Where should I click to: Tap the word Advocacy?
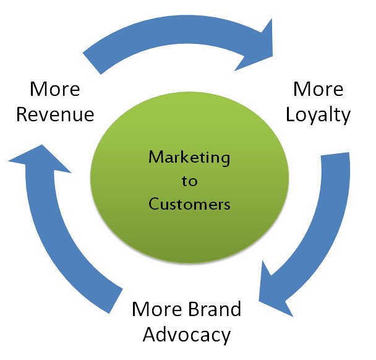click(187, 335)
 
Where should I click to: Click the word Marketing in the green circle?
click(189, 157)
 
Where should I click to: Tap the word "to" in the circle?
click(189, 181)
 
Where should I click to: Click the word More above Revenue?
click(55, 89)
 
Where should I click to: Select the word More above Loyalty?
click(318, 89)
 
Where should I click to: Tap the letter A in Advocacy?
click(150, 335)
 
